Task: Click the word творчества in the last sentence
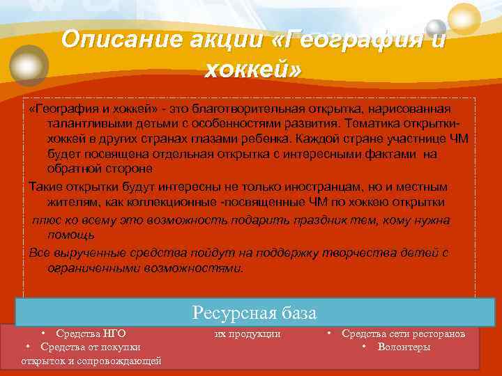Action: pyautogui.click(x=366, y=252)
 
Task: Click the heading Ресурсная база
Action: pyautogui.click(x=254, y=313)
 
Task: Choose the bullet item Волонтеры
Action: pyautogui.click(x=404, y=347)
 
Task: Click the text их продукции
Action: pyautogui.click(x=247, y=334)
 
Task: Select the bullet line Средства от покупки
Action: pyautogui.click(x=90, y=347)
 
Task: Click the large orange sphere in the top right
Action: pyautogui.click(x=464, y=18)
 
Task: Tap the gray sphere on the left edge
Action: pyautogui.click(x=29, y=65)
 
